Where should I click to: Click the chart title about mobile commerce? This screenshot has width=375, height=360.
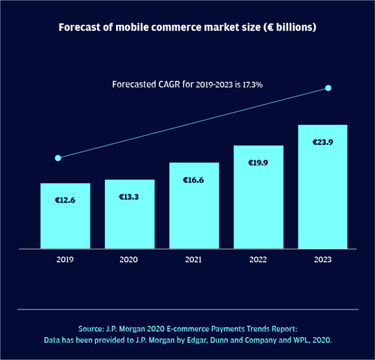187,28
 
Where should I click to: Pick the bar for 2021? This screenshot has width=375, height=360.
193,214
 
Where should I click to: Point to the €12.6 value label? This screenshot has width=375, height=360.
65,200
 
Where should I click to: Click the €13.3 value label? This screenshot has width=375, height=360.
129,197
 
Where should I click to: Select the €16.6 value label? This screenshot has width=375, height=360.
193,180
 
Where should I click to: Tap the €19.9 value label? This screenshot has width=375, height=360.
258,163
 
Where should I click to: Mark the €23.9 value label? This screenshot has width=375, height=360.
323,142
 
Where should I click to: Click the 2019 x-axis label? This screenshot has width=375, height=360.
65,260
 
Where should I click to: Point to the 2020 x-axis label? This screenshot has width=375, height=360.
129,260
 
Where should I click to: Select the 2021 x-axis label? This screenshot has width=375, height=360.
193,260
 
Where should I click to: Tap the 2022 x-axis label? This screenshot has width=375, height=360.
258,260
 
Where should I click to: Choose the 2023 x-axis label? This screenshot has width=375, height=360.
323,260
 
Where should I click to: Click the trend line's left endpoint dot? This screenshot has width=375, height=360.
58,158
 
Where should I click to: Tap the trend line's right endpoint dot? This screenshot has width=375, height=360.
328,88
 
